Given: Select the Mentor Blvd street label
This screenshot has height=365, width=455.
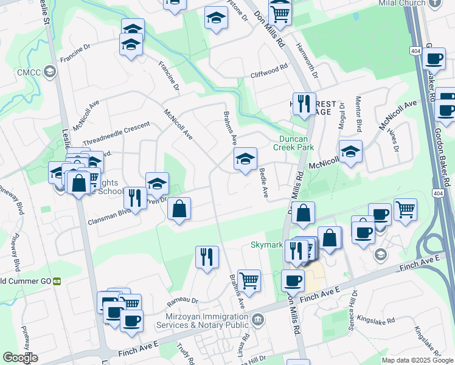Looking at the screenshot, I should [x=358, y=113].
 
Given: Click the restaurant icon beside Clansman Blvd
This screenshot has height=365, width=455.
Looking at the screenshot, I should [x=134, y=197].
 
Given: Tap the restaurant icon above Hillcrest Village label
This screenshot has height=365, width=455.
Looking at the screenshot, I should [x=302, y=103].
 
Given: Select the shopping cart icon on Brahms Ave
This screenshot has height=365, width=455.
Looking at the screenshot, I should [x=249, y=280].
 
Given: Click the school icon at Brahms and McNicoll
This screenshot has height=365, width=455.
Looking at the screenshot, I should [x=245, y=159].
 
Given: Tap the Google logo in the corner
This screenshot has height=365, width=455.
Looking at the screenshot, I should [x=19, y=358].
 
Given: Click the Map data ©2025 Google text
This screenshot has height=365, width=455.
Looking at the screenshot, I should [x=418, y=360].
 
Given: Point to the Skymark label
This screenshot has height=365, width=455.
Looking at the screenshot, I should [x=268, y=245].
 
